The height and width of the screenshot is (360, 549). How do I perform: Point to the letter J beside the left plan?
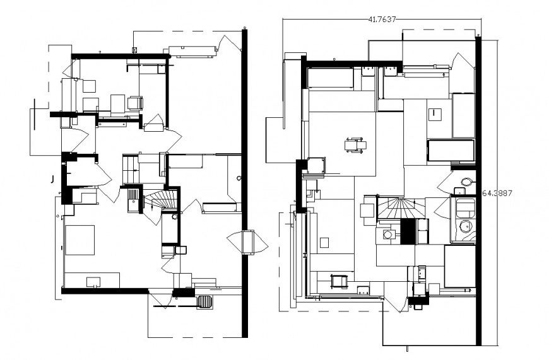[x=51, y=179]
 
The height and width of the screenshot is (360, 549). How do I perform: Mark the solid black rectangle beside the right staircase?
[x=408, y=231]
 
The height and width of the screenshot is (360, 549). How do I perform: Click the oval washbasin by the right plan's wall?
[x=466, y=182]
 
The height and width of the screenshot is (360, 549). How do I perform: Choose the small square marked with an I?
[x=435, y=114]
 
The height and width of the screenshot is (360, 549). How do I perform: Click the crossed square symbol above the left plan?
[x=134, y=49]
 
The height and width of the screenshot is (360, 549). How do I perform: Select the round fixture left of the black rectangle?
[x=389, y=235]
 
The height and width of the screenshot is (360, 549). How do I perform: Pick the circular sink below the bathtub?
[x=466, y=228]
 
